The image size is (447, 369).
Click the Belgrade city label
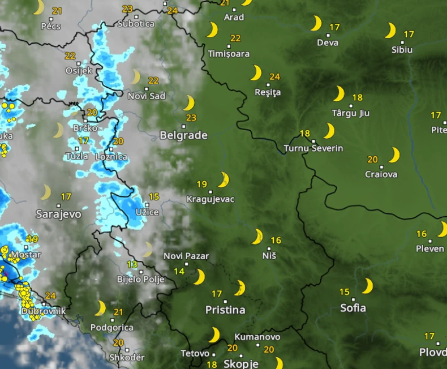click(x=183, y=135)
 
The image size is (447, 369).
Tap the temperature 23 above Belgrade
click(x=191, y=118)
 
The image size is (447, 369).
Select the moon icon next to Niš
click(x=257, y=236)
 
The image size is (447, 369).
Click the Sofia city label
click(x=353, y=308)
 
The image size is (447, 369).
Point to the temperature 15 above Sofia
click(x=345, y=292)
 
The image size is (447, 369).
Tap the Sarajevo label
click(x=58, y=214)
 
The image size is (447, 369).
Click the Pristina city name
click(x=225, y=310)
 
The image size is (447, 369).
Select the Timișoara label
click(x=229, y=54)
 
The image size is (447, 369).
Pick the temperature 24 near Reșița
click(x=275, y=76)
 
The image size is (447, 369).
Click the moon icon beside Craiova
click(x=394, y=155)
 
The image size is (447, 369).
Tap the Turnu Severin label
click(x=313, y=148)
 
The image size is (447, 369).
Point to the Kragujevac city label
click(x=210, y=199)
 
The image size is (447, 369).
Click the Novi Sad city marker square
click(x=146, y=88)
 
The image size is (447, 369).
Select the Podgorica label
click(x=112, y=327)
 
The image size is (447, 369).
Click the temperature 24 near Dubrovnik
click(x=50, y=295)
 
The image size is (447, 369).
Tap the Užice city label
click(x=147, y=212)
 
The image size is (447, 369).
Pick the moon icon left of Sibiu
click(x=390, y=30)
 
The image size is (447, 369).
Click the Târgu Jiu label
click(x=350, y=113)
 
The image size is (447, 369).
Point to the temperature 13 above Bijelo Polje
click(x=132, y=264)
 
